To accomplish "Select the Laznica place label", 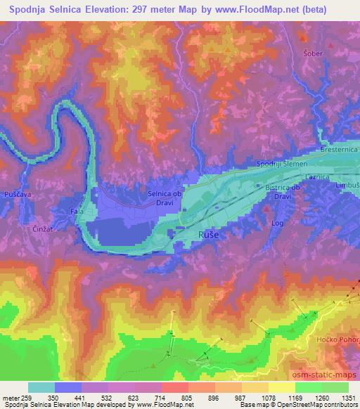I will click(317, 177).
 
